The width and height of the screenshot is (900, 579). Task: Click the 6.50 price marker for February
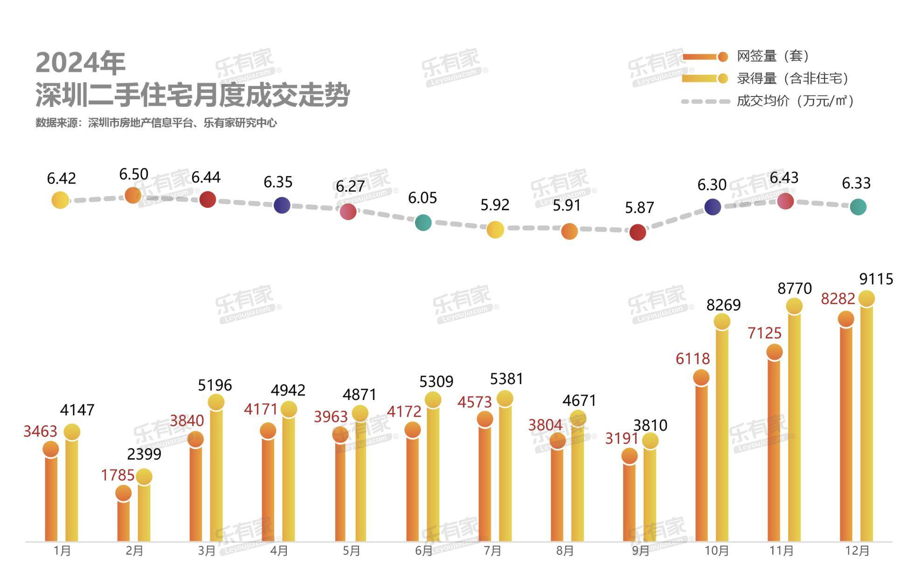pos(133,195)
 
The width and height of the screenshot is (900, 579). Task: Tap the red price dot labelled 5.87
pos(637,232)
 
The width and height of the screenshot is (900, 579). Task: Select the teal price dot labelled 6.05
pos(423,223)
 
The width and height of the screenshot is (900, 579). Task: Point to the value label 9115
pos(876,279)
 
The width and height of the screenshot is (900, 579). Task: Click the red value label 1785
pos(118,475)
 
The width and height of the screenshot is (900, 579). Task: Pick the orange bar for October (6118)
pos(701,462)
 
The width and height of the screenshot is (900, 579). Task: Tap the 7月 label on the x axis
pos(492,551)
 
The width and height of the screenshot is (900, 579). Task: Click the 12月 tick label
pos(857,551)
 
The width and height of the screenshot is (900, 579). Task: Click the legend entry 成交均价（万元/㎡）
pos(795,101)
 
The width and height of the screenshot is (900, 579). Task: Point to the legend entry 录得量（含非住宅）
pos(792,78)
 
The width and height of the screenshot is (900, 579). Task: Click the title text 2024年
pos(81,63)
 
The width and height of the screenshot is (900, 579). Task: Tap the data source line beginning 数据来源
pos(156,123)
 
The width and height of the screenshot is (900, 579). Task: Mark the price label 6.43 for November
pos(784,178)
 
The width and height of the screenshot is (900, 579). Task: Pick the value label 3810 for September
pos(650,425)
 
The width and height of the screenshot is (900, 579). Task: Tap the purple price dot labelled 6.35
pos(282,205)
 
